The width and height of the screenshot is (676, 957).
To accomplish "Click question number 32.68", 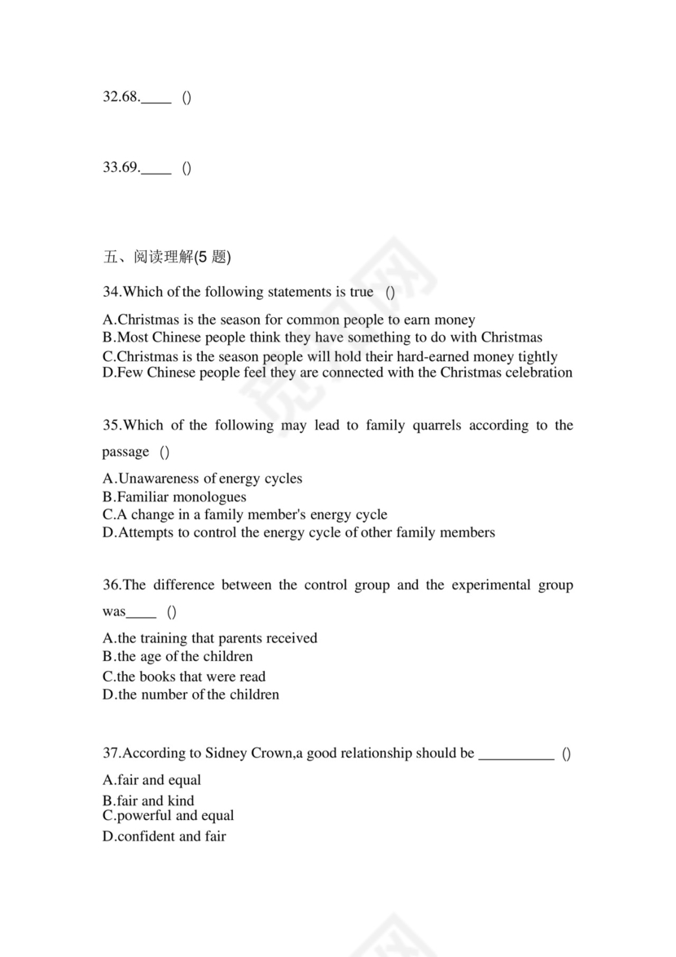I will (121, 98).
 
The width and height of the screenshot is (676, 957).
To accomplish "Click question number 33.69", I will (121, 169).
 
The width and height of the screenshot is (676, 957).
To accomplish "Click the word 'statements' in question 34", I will (302, 292).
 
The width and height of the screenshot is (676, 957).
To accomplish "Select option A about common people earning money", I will (288, 320).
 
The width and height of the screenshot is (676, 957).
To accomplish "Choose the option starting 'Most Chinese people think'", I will (322, 337).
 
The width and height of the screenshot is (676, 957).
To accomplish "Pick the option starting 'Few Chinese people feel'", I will (337, 373).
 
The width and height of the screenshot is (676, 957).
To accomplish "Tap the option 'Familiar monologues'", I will (174, 497).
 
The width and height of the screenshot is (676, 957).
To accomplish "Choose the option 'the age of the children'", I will (178, 657).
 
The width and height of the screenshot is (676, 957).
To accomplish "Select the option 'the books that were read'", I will (184, 677).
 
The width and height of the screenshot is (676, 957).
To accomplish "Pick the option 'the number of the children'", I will (191, 695).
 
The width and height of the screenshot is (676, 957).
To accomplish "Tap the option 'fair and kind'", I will (148, 800).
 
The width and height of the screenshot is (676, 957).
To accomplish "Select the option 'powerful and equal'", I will (168, 816).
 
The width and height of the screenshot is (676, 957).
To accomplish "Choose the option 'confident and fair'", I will (164, 836).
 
